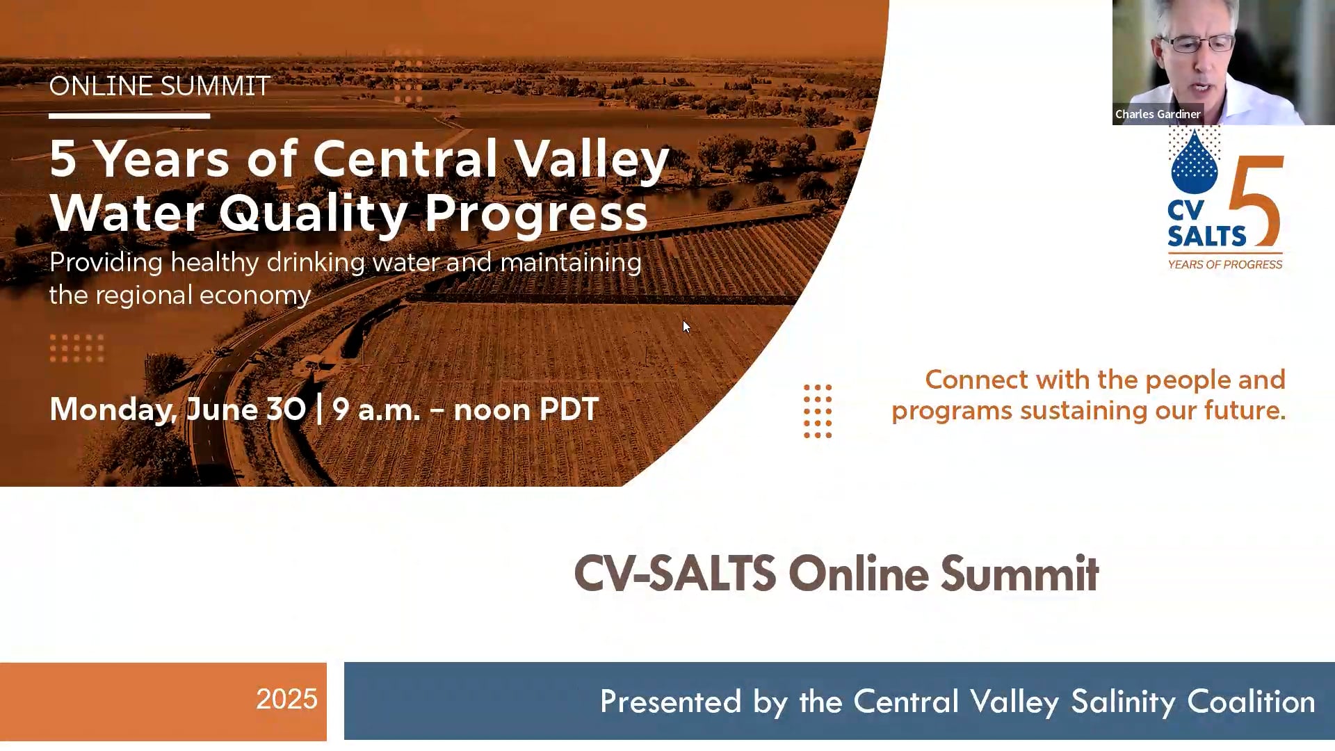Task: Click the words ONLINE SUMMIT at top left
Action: (159, 86)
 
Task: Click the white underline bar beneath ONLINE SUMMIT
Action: (129, 116)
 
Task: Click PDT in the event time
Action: (568, 409)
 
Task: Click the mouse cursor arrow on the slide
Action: (686, 327)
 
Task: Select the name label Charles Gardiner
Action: (1158, 114)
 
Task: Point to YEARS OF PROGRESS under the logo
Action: (1224, 264)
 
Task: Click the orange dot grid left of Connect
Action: (818, 411)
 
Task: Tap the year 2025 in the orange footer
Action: (286, 699)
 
